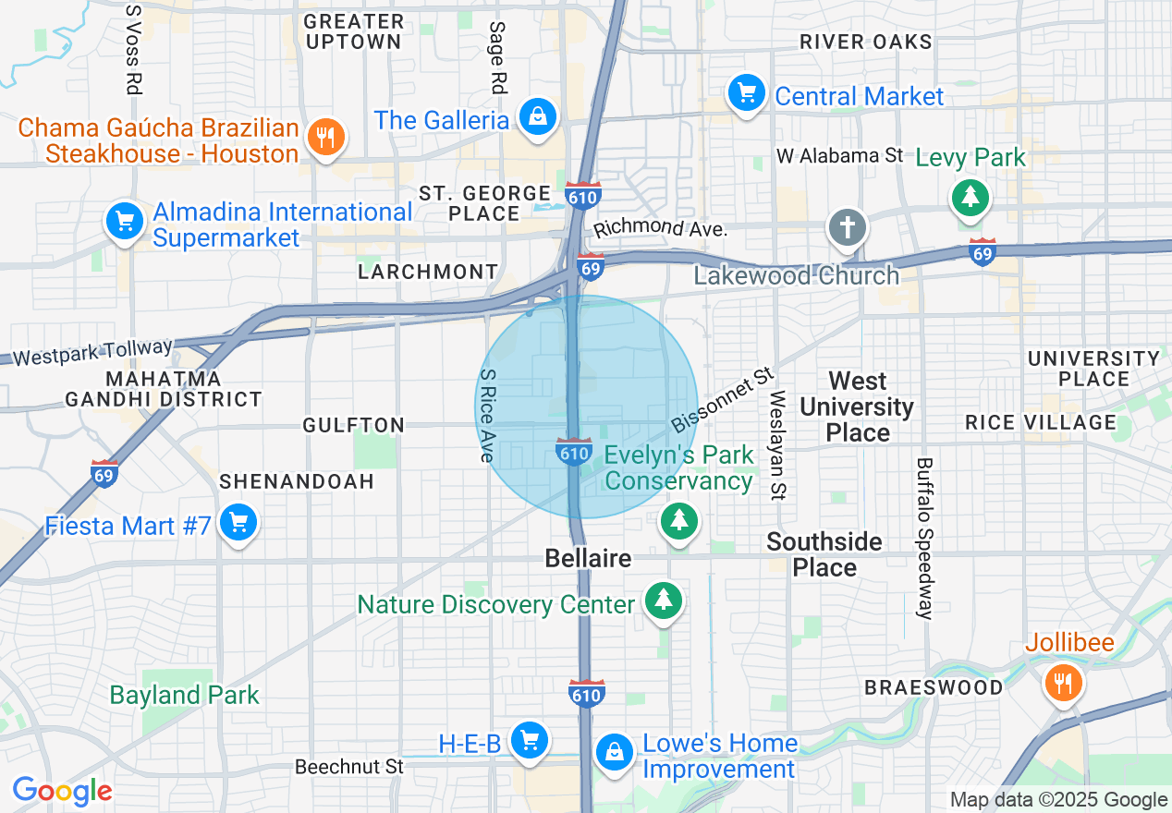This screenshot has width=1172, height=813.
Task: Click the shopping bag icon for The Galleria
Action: pos(537,117)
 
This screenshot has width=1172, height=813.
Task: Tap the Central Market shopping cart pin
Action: pos(745,93)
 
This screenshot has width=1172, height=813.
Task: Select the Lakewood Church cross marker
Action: pos(848,227)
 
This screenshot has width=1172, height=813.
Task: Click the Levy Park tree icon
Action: pos(970,197)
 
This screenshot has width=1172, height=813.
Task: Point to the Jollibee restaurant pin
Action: pos(1063,683)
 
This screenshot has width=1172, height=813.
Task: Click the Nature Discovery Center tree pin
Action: pos(663,601)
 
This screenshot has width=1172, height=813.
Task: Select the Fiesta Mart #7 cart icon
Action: pos(239,523)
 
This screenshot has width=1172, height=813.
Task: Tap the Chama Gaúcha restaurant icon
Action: pos(324,138)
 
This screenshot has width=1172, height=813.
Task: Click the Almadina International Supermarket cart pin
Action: pos(124,222)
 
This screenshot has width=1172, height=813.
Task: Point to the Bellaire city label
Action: pos(588,558)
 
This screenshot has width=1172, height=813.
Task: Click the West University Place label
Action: pos(857,406)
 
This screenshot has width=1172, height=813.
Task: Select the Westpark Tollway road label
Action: pos(93,352)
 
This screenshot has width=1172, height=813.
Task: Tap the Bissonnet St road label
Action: pos(722,399)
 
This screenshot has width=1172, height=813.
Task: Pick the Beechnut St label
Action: pos(349,767)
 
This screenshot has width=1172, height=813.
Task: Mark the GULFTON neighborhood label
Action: pos(354,425)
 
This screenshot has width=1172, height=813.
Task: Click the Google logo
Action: pos(62,791)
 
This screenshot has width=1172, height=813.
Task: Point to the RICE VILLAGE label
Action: pos(1041,422)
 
